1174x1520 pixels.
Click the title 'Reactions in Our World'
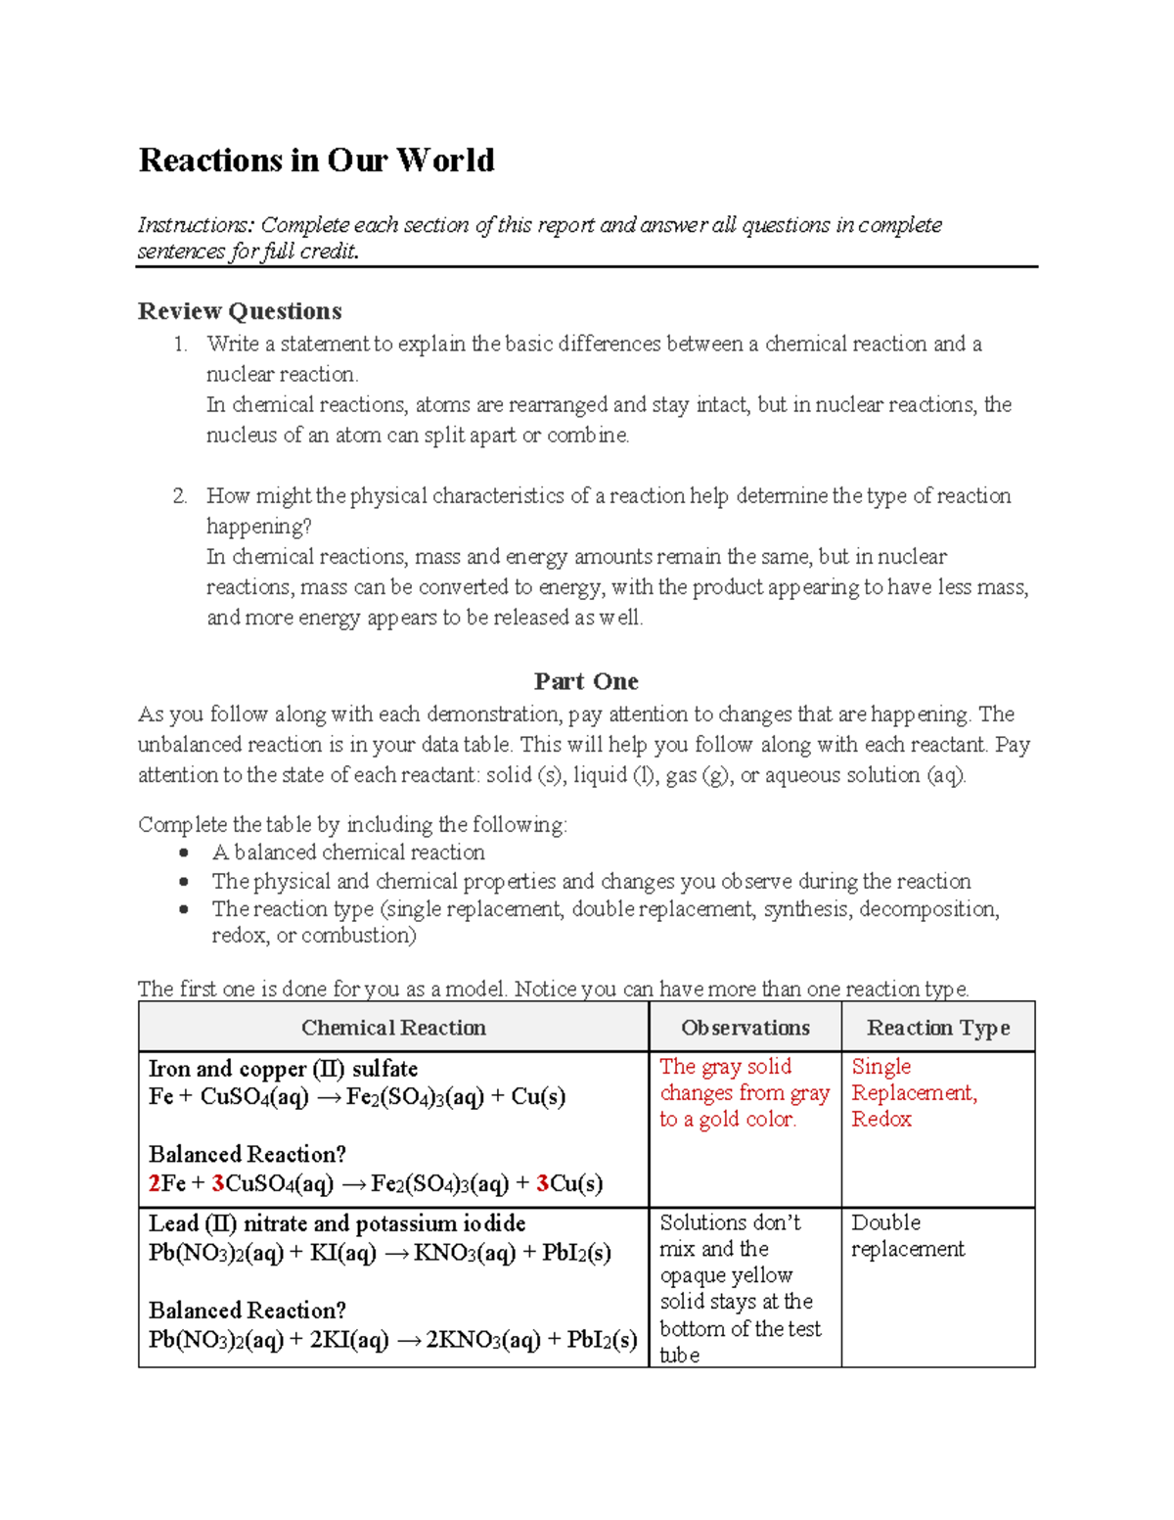click(316, 161)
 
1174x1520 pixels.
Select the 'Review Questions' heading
click(240, 311)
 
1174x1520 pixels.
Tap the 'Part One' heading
click(586, 681)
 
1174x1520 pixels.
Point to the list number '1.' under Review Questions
click(180, 345)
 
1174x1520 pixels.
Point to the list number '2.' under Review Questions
click(180, 496)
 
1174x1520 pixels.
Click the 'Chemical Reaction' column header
click(393, 1028)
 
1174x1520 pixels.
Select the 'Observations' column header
click(745, 1028)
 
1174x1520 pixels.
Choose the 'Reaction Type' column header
click(937, 1028)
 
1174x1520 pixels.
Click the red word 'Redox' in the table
click(880, 1120)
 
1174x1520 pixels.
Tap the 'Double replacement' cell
click(907, 1236)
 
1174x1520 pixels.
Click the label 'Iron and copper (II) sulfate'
click(283, 1069)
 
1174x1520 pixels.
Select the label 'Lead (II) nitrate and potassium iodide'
click(337, 1223)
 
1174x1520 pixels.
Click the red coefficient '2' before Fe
click(155, 1184)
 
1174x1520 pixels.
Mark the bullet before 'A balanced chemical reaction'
click(184, 853)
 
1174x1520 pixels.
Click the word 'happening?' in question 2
click(258, 527)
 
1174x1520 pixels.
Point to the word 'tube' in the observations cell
click(679, 1356)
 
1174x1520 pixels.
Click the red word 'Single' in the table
click(880, 1067)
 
